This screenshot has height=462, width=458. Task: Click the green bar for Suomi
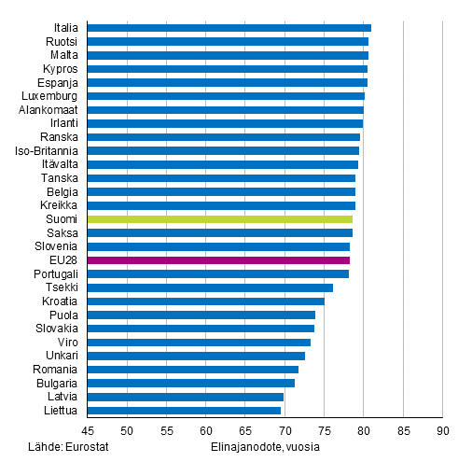(x=219, y=219)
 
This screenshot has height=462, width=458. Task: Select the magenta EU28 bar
(x=218, y=260)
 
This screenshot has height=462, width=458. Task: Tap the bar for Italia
(x=229, y=28)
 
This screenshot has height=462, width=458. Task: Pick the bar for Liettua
(x=184, y=410)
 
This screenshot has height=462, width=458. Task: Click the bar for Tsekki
(x=210, y=287)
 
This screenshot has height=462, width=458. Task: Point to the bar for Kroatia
(x=205, y=301)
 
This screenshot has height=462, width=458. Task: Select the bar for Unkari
(x=196, y=356)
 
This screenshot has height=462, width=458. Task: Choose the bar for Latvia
(x=185, y=397)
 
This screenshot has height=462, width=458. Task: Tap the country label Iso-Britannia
(x=47, y=150)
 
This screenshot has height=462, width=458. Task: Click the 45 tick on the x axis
(x=87, y=431)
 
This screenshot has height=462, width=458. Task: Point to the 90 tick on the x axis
(x=441, y=431)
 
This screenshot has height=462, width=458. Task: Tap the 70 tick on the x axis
(x=284, y=431)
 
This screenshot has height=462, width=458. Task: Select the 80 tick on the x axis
(x=363, y=431)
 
